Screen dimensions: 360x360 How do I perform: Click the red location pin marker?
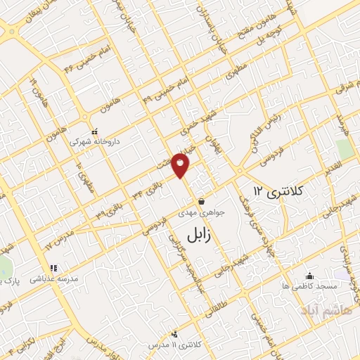[x=181, y=164]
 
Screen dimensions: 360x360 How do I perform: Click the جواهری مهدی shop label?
[x=203, y=213]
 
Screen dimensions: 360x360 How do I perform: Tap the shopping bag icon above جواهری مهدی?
[x=202, y=202]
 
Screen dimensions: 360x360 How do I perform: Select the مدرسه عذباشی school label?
[x=53, y=279]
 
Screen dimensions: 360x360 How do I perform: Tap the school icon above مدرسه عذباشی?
[x=53, y=268]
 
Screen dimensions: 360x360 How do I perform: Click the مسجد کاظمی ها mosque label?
[x=310, y=286]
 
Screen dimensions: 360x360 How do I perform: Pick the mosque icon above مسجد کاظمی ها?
[x=309, y=276]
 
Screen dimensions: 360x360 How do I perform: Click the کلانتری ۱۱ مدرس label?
[x=176, y=345]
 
